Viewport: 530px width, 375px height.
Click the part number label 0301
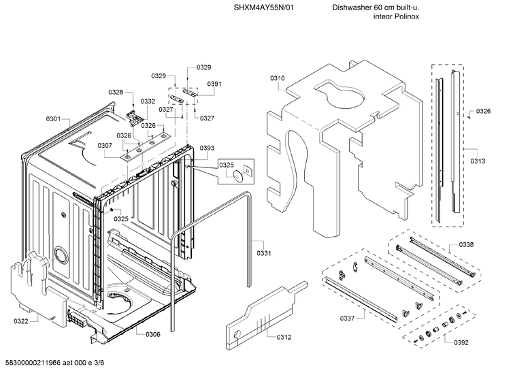pos(53,119)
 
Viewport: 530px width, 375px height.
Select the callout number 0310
pos(277,78)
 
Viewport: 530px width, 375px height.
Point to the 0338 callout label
pos(466,244)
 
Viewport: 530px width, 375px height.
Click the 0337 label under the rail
pos(348,318)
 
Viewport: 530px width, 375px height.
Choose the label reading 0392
pos(461,342)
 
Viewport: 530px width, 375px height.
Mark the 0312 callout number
pos(284,336)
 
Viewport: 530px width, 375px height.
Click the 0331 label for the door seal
pos(264,253)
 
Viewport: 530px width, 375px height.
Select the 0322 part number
pos(21,321)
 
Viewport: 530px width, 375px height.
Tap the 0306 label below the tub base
pos(152,333)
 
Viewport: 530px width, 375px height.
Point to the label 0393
pos(207,148)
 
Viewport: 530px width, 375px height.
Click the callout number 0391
pos(214,84)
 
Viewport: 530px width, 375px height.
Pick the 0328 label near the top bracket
pos(116,93)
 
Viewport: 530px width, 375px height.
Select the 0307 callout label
pos(104,146)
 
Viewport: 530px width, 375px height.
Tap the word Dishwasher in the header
pos(352,7)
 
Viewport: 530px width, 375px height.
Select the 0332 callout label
pos(148,101)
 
